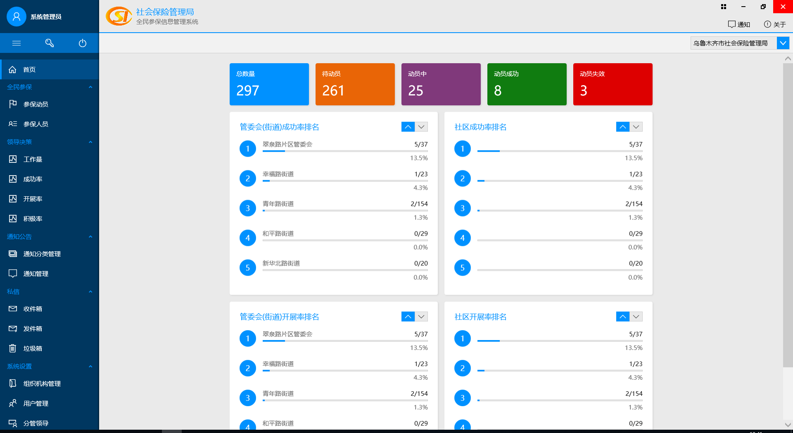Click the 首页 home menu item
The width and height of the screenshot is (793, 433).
point(29,69)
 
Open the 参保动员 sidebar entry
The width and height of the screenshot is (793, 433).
point(36,104)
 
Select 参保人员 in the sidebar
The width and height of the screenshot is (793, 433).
point(36,124)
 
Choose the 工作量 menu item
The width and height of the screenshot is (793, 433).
point(33,159)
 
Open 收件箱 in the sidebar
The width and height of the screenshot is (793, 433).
point(33,309)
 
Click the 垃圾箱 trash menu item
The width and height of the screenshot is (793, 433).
point(33,348)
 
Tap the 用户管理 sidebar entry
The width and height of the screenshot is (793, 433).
point(36,403)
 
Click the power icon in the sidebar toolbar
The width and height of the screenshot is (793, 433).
point(83,43)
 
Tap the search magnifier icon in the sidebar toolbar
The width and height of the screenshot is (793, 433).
point(50,43)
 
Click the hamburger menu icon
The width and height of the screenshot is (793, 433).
point(17,43)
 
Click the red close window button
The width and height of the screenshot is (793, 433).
point(783,7)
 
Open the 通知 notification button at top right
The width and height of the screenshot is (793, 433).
point(739,24)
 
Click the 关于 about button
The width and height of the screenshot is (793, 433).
point(775,24)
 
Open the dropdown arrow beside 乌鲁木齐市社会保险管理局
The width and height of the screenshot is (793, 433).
point(783,43)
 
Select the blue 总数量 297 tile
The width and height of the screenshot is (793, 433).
point(269,84)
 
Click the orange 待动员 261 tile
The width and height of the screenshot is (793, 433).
point(355,84)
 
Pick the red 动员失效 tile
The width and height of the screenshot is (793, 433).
point(613,84)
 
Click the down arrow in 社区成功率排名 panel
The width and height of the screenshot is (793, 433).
point(636,127)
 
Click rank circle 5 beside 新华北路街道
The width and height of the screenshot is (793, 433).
point(248,268)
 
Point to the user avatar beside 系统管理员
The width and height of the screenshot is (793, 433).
point(17,17)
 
